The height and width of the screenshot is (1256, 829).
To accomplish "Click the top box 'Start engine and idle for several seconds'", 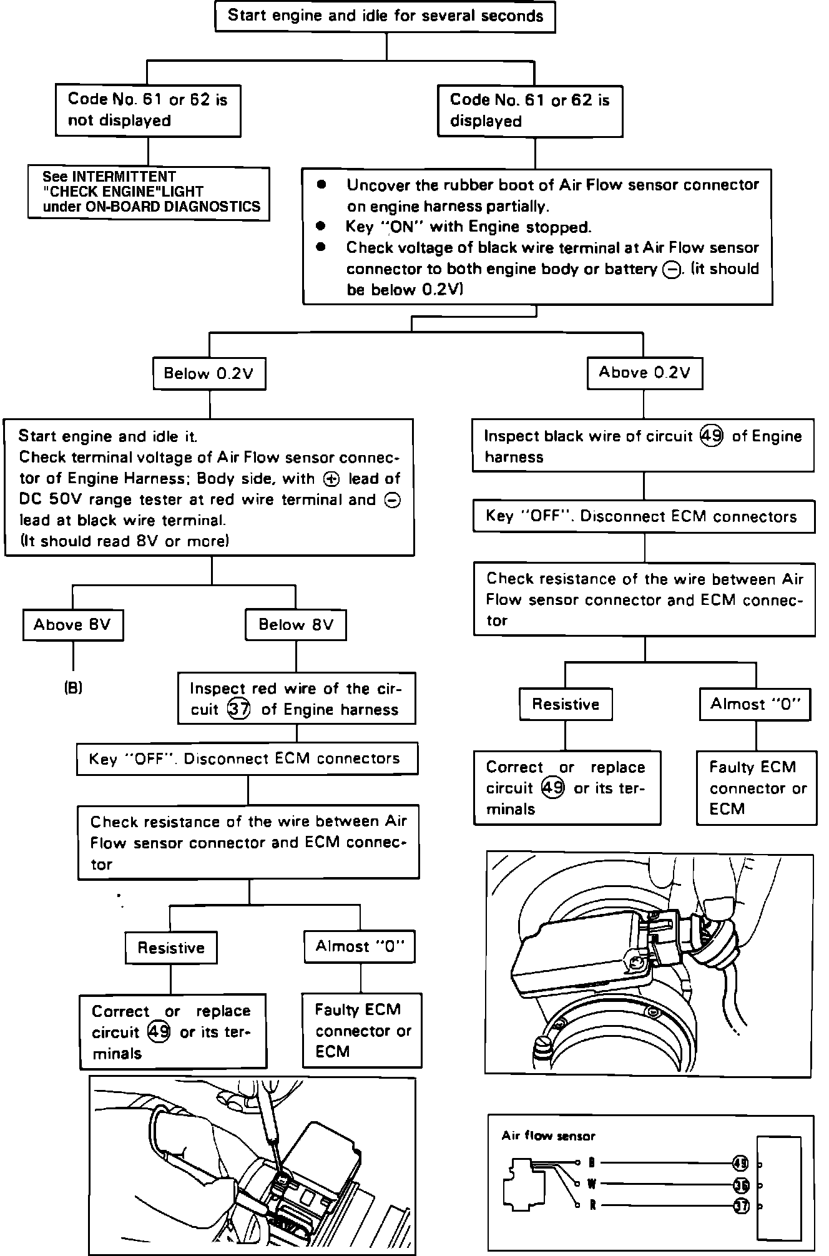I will [385, 16].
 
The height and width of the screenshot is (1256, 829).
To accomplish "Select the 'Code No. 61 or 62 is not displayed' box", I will [148, 110].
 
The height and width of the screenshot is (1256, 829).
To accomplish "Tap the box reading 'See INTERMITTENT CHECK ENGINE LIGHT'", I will [149, 192].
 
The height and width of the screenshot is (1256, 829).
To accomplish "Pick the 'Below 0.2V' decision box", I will [208, 373].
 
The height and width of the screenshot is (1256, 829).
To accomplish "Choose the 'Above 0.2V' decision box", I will [644, 373].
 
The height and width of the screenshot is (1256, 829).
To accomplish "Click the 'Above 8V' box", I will [72, 625].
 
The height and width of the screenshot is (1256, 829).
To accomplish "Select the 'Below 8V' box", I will [296, 625].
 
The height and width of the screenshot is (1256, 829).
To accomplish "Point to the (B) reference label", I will [73, 688].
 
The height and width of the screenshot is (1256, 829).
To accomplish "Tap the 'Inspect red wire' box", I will [296, 699].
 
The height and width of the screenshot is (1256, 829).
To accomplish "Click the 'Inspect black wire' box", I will [643, 446].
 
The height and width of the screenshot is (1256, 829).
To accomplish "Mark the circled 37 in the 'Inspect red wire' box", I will [238, 709].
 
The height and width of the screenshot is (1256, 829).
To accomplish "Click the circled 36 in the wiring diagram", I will [741, 1184].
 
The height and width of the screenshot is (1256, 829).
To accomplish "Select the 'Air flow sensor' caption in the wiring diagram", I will [548, 1136].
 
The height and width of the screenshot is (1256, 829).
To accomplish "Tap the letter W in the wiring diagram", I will [591, 1183].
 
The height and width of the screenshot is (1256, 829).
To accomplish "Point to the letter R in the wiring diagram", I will [592, 1205].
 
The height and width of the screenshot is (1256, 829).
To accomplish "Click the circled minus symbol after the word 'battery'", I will [672, 270].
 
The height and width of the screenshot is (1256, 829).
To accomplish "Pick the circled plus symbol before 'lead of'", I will [331, 479].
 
